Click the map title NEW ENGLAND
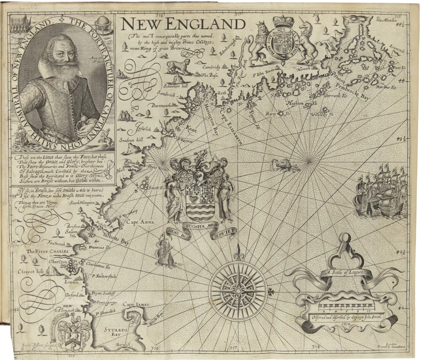point(183,24)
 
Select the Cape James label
point(136,305)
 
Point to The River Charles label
point(42,251)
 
